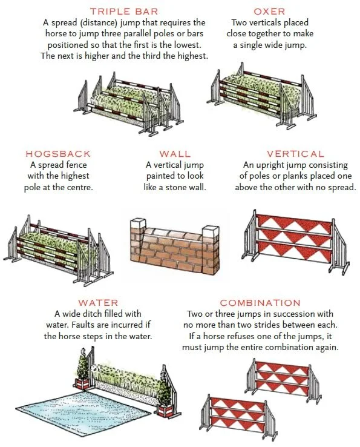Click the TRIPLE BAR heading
tap(124, 12)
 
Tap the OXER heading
tap(269, 12)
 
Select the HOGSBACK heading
tap(58, 154)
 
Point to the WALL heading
tap(175, 154)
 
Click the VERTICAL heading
tap(296, 154)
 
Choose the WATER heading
tap(98, 303)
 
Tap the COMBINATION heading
tap(260, 303)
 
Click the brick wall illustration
tap(175, 246)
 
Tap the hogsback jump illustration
tap(58, 250)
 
